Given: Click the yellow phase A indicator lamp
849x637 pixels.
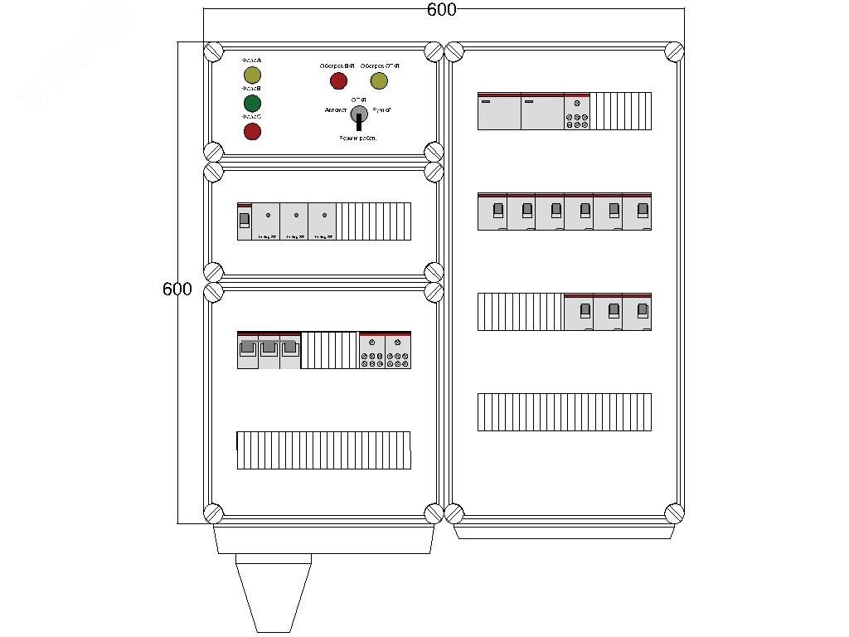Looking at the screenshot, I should pyautogui.click(x=252, y=75).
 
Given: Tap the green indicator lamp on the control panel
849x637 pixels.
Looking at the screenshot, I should pyautogui.click(x=252, y=103).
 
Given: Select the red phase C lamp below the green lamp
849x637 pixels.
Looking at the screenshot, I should pyautogui.click(x=252, y=131).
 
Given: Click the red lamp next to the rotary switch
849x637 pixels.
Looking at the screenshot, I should pyautogui.click(x=338, y=80).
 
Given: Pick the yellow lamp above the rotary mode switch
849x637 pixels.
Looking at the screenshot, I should pyautogui.click(x=379, y=80).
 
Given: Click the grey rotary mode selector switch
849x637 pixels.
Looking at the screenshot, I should pyautogui.click(x=359, y=114).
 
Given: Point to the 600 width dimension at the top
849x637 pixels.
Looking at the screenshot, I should pyautogui.click(x=442, y=10).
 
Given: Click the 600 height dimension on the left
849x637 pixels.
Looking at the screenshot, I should pyautogui.click(x=177, y=289).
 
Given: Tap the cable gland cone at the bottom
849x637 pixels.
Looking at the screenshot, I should pyautogui.click(x=273, y=593).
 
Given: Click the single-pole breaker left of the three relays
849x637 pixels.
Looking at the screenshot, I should pyautogui.click(x=244, y=221).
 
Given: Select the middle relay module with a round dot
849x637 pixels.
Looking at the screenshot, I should pyautogui.click(x=294, y=221).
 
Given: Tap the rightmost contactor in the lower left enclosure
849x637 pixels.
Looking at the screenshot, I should pyautogui.click(x=398, y=349).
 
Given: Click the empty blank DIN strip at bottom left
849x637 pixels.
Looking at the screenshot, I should pyautogui.click(x=323, y=450).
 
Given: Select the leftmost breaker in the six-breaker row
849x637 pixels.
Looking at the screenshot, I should pyautogui.click(x=492, y=212).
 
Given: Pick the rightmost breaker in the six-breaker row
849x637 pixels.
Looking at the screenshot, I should pyautogui.click(x=637, y=212).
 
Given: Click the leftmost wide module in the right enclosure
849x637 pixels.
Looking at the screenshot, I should pyautogui.click(x=499, y=111).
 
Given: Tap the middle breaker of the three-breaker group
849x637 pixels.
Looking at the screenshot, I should pyautogui.click(x=608, y=311).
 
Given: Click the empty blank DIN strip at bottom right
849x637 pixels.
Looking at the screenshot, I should pyautogui.click(x=564, y=412).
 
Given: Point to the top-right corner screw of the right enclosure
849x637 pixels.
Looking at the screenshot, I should pyautogui.click(x=673, y=52).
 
